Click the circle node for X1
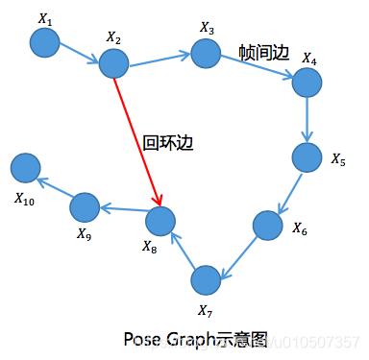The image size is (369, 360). [44, 42]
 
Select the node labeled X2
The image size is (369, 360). [113, 64]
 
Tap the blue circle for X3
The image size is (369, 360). [206, 54]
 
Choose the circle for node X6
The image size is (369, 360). [267, 225]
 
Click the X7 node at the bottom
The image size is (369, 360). [206, 280]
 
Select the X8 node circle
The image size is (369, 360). [160, 222]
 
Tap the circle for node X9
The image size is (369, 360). [85, 205]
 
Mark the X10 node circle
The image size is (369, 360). [26, 168]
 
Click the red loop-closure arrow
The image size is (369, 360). [136, 142]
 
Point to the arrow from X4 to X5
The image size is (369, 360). [306, 120]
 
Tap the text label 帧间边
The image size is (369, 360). [263, 54]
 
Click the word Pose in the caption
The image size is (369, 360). [140, 340]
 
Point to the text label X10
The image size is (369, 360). [24, 199]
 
